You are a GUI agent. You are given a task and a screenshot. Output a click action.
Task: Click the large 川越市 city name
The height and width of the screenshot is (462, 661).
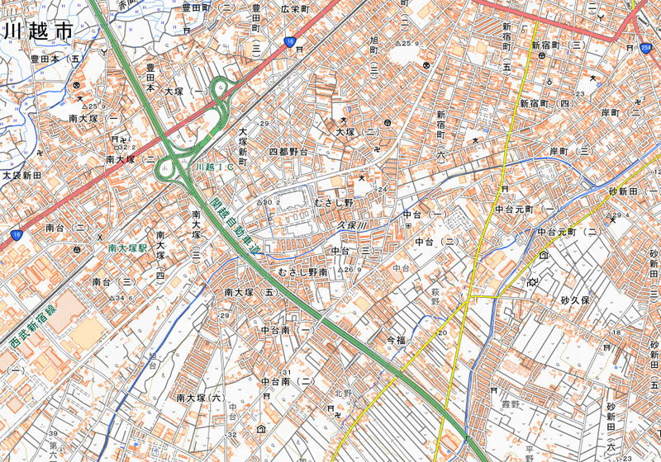[37, 31]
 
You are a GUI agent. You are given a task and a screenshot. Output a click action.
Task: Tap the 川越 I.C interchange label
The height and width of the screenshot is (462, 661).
[211, 167]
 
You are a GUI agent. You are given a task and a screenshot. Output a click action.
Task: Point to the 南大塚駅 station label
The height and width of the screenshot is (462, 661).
[126, 247]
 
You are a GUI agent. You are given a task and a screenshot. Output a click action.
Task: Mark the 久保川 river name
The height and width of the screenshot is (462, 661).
[351, 224]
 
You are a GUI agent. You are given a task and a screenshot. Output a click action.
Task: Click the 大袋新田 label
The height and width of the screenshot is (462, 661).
[21, 176]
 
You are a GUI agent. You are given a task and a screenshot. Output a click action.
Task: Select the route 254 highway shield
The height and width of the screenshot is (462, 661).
[644, 49]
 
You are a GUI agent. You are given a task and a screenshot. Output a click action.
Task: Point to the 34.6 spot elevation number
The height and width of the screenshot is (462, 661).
[119, 298]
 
